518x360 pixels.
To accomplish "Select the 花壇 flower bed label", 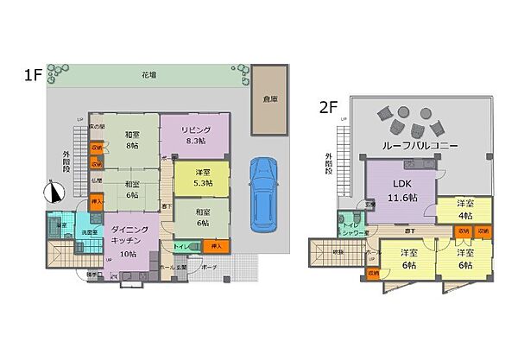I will (x=148, y=76).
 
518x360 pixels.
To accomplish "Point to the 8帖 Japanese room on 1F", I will (x=132, y=140).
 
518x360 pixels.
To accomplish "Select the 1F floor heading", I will (x=34, y=74).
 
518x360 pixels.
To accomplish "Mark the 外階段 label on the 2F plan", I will (x=329, y=163).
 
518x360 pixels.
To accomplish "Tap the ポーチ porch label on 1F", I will (x=209, y=268).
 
